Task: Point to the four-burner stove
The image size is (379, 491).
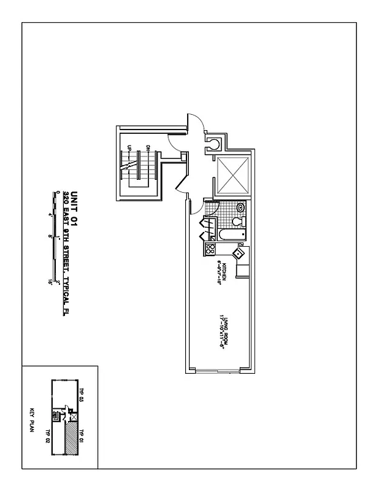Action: [x=210, y=249]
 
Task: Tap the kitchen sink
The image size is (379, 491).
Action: [x=238, y=252]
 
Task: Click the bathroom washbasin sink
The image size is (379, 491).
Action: [x=241, y=207]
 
